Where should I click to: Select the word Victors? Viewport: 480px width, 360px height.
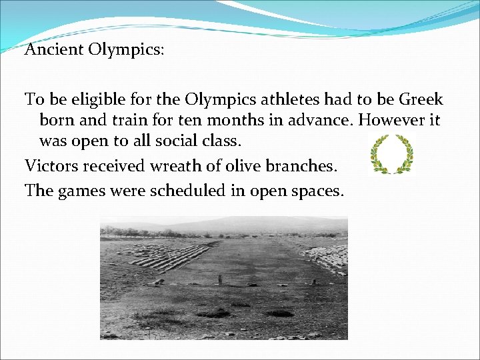pos(51,165)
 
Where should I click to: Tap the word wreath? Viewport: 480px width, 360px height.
pos(173,165)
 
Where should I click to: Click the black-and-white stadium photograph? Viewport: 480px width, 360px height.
pos(223,278)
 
